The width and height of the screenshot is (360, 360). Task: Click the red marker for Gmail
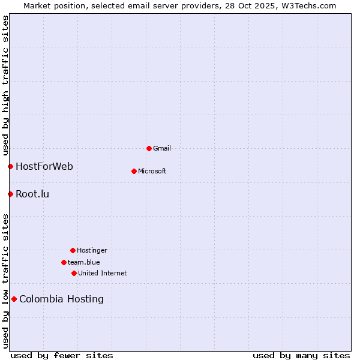click(149, 148)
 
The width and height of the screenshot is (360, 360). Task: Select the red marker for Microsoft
click(134, 171)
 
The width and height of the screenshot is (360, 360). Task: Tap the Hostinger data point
click(73, 250)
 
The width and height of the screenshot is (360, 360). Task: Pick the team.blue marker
click(64, 262)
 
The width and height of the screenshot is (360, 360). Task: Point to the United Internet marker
click(74, 273)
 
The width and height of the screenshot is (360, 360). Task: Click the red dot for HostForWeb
click(10, 166)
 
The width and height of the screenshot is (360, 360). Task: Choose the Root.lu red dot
click(10, 194)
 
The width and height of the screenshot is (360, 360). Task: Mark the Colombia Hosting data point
click(14, 299)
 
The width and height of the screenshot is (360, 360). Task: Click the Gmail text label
click(162, 148)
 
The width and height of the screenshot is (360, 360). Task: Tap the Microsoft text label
click(152, 171)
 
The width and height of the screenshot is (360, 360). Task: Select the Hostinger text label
click(92, 250)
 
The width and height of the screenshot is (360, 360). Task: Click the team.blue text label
click(84, 262)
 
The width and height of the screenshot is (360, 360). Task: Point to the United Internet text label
click(103, 273)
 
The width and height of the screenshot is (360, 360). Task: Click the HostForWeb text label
click(44, 166)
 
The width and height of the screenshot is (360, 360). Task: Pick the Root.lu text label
click(32, 194)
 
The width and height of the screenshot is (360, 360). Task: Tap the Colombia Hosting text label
click(61, 299)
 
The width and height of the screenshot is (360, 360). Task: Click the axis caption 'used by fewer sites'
click(62, 355)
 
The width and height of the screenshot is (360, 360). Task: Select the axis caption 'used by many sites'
click(301, 355)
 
